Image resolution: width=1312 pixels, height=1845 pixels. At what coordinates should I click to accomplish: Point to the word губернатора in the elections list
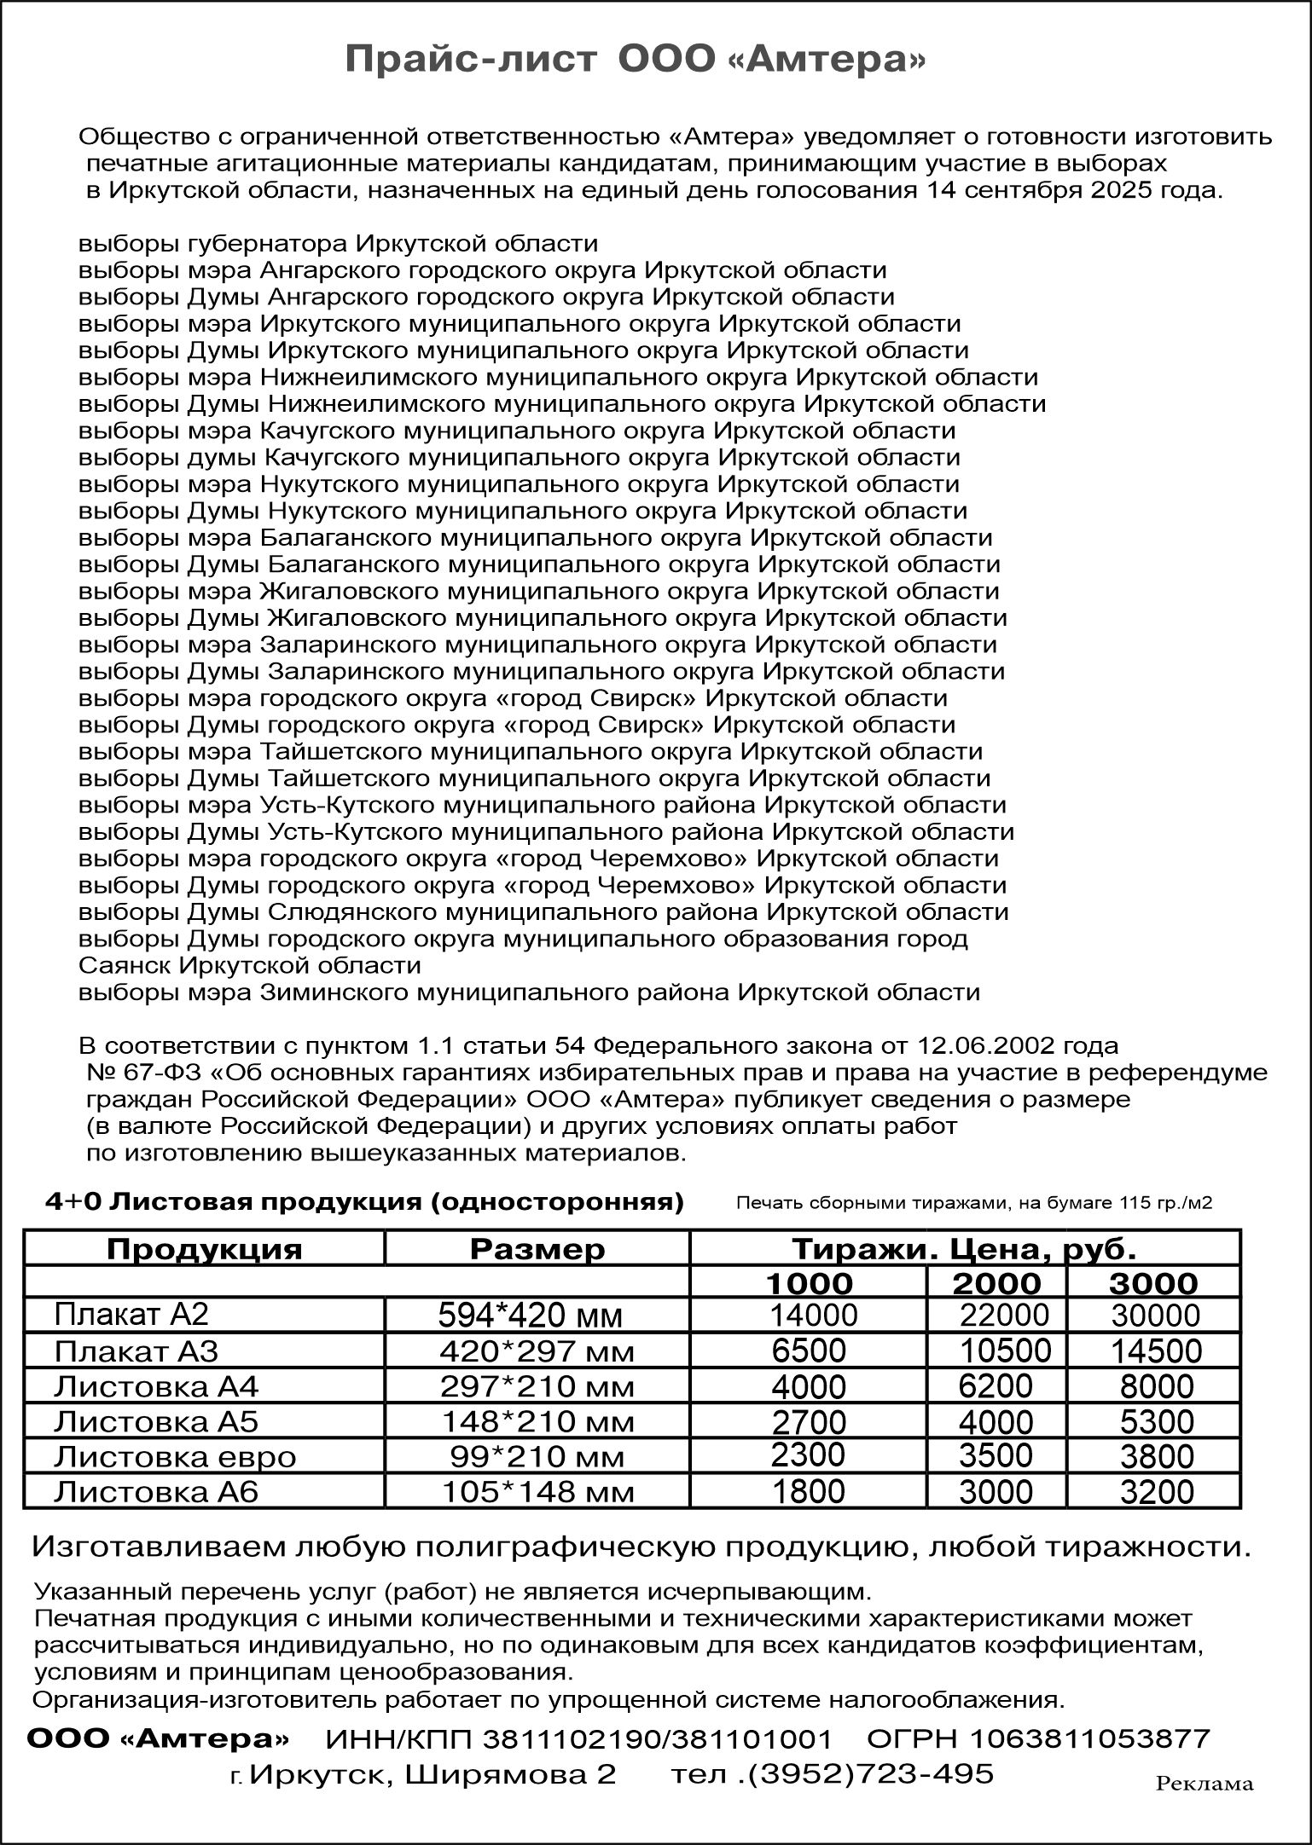[266, 244]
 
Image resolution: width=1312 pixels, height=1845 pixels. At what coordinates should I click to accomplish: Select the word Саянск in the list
[125, 965]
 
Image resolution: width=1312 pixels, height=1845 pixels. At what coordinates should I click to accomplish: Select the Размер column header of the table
[537, 1249]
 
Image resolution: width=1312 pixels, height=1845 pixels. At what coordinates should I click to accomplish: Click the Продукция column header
[204, 1249]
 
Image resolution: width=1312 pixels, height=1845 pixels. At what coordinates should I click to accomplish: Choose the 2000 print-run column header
[996, 1283]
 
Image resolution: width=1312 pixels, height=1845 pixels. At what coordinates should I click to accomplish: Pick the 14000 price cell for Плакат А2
[813, 1315]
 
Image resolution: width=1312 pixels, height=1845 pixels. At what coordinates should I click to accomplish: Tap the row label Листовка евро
[174, 1456]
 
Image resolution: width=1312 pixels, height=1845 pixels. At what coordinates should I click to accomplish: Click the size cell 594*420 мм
[530, 1316]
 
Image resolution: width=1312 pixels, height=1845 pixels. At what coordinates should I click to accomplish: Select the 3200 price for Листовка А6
[1156, 1492]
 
